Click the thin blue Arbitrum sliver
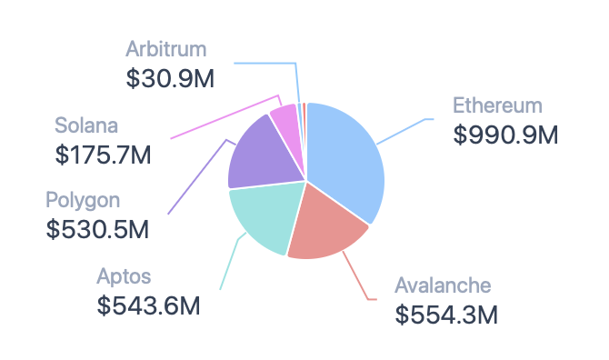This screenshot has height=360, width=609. pos(300,116)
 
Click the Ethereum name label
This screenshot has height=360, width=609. pos(497,105)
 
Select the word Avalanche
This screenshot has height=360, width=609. pos(443,285)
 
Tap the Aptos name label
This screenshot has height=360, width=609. pos(124,277)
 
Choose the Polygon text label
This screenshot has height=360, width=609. pos(83,201)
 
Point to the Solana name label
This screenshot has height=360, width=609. pos(86,125)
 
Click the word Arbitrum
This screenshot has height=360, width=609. pos(165,49)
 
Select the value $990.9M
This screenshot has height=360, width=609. pos(505,135)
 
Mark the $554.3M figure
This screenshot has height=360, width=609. pos(446,315)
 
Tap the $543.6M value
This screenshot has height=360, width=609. pos(148,305)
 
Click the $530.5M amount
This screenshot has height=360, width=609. pos(97,229)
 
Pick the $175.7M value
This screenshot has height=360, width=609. pos(103,155)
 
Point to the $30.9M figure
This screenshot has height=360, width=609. pos(170,78)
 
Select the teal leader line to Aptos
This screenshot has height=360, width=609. pos(232,260)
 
